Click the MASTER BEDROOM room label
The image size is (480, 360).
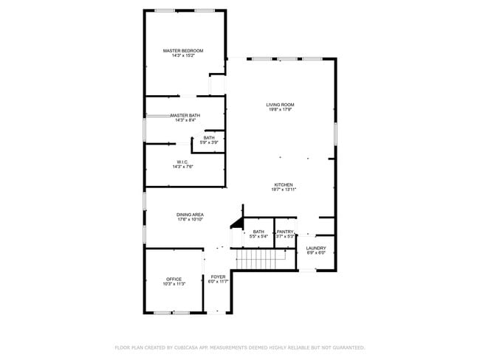183,50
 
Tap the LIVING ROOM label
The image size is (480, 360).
280,105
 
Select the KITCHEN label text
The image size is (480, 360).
284,184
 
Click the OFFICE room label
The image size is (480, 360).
174,279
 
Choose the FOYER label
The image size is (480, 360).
219,277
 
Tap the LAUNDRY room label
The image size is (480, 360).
316,248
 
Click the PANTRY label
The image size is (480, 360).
286,232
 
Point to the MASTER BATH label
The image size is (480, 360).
185,115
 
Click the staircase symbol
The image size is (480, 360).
261,259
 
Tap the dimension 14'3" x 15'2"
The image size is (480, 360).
183,55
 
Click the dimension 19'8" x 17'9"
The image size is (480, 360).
280,110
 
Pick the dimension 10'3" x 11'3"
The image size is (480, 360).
174,283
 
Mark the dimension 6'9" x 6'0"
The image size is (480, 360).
316,253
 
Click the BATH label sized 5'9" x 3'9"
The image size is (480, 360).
210,138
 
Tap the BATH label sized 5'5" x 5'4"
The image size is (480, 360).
258,232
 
